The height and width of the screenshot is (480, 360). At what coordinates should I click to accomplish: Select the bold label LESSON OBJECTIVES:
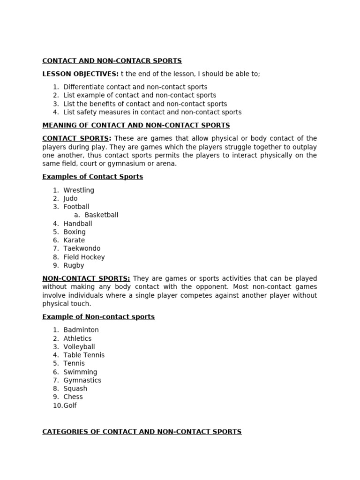(80, 74)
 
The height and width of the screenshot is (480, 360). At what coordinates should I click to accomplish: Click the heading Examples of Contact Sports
(92, 177)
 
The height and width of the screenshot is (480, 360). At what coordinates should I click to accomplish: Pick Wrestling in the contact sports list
(79, 190)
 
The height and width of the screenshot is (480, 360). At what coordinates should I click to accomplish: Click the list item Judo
(70, 199)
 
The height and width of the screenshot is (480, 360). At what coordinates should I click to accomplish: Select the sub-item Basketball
(101, 215)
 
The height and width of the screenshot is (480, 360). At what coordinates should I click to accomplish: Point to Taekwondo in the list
(82, 248)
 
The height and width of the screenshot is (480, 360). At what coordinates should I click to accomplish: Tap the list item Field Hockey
(84, 257)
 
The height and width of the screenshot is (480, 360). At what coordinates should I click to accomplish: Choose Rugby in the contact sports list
(74, 265)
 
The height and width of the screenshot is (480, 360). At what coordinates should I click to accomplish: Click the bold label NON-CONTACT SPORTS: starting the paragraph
(86, 278)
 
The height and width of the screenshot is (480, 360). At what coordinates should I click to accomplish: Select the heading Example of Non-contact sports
(98, 317)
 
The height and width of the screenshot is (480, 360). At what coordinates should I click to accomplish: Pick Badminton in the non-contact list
(81, 330)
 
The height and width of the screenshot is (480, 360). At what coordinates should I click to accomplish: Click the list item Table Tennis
(84, 355)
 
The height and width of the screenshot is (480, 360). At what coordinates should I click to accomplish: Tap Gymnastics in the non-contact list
(82, 380)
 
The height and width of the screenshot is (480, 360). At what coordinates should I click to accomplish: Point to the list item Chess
(73, 397)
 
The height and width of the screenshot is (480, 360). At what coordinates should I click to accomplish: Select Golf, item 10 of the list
(70, 405)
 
